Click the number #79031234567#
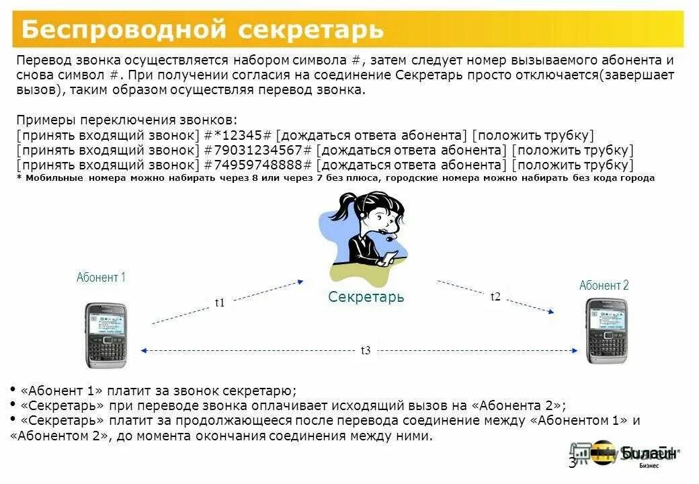258,149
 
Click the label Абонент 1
101,277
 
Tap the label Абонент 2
604,286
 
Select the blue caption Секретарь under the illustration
366,296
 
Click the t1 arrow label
220,302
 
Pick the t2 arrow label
495,296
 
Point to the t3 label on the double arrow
366,350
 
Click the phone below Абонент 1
106,335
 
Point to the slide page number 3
572,462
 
